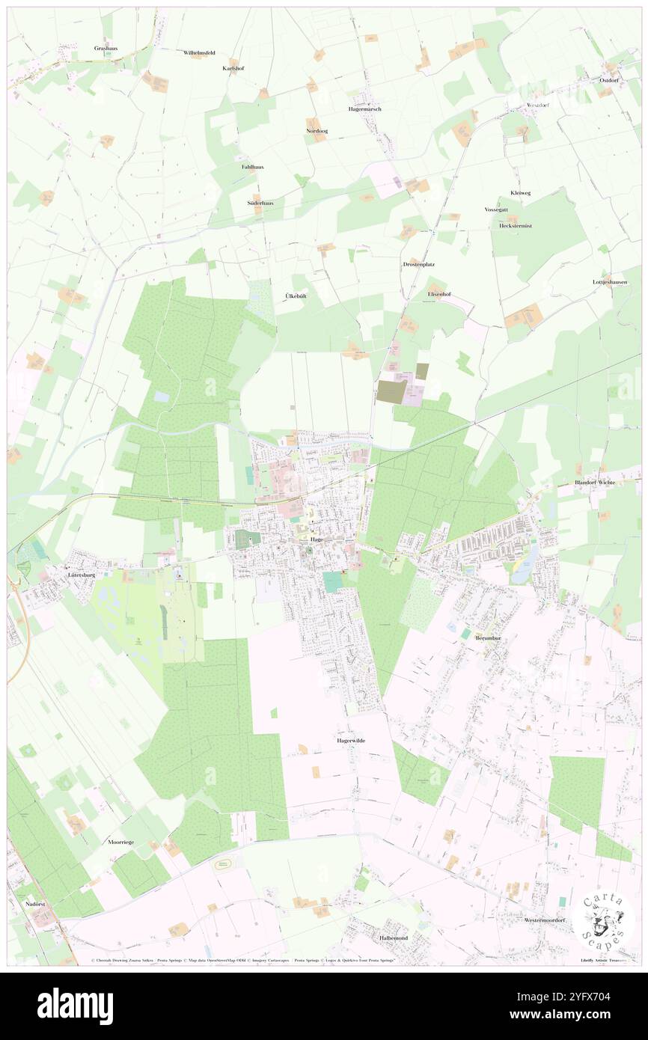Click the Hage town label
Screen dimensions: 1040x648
point(317,539)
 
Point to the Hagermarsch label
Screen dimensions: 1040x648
point(364,109)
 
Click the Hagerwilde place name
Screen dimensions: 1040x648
point(350,740)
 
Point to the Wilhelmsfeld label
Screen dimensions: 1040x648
point(199,53)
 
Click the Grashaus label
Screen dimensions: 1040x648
point(106,48)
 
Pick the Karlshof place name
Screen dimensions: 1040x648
point(233,68)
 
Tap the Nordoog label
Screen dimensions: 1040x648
point(317,131)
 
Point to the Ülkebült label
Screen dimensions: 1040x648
point(296,296)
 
